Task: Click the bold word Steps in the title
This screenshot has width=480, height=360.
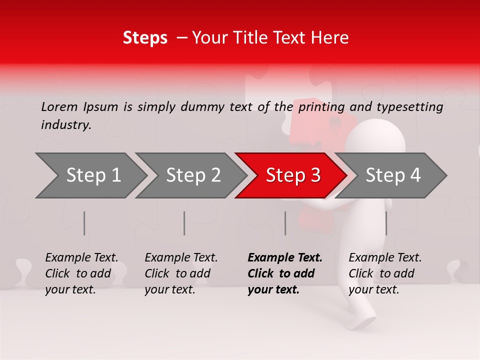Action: [x=145, y=38]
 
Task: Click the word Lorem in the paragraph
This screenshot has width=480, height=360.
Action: [x=59, y=106]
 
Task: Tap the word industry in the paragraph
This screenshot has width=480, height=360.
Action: [x=65, y=124]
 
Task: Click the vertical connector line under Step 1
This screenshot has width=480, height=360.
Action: [x=84, y=223]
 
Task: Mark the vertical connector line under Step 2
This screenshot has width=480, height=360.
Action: [x=184, y=223]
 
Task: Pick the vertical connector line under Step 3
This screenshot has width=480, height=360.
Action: [x=285, y=223]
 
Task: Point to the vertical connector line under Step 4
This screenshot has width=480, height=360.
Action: [x=386, y=223]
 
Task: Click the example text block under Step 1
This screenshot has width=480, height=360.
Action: [x=81, y=273]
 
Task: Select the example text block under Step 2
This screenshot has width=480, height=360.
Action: [x=181, y=273]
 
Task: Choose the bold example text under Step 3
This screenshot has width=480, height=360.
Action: [x=285, y=273]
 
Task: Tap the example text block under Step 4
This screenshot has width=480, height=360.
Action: [x=385, y=273]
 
